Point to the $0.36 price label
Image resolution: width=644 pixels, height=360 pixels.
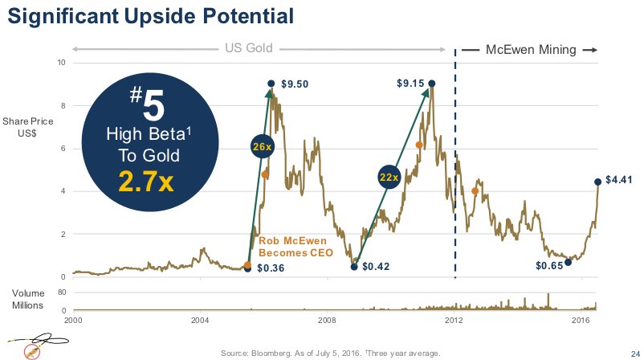pos(271,268)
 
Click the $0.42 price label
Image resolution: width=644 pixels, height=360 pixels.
pos(376,267)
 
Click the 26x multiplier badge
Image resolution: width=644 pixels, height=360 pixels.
pos(262,145)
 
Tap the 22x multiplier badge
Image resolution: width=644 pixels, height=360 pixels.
pos(389,177)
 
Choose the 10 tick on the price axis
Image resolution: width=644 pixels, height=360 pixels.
pos(62,63)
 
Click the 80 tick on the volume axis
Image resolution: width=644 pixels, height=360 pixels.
pos(60,294)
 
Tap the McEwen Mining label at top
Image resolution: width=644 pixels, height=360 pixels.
pos(531,50)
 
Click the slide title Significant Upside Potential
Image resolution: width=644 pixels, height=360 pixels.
pos(150,16)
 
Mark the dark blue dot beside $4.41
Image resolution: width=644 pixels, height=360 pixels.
pos(597,182)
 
